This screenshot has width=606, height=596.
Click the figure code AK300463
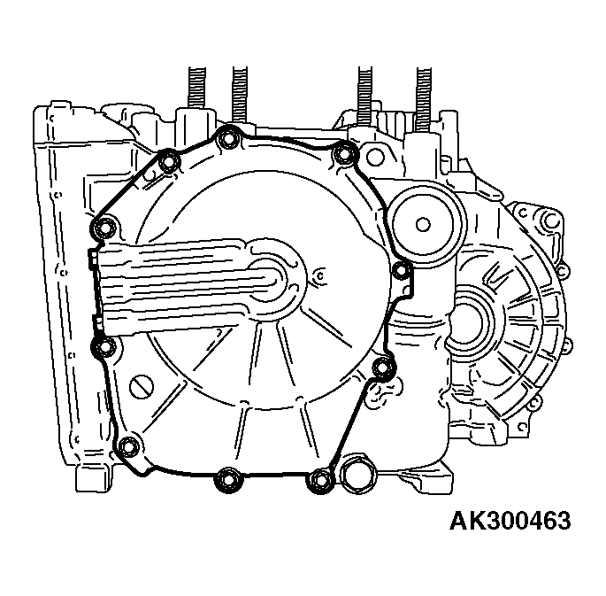[510, 520]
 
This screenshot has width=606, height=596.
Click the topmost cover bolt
[227, 138]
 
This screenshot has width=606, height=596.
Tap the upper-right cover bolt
[343, 154]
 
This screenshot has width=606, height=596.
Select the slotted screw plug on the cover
[142, 386]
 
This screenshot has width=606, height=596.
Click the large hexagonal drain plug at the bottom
[359, 474]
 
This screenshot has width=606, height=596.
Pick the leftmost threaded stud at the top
[196, 89]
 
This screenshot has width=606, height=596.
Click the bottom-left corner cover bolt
[128, 445]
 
